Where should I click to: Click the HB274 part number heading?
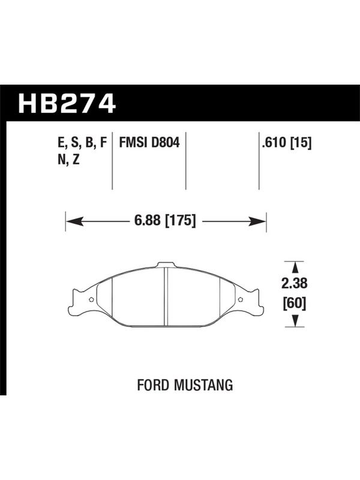(67, 103)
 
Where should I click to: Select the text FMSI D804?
(149, 143)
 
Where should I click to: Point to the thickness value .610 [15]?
(287, 143)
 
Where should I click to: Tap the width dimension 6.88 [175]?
(165, 220)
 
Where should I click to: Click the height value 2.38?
(294, 283)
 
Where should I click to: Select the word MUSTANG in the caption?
(203, 385)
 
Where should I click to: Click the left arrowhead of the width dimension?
(74, 221)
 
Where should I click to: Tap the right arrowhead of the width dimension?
(257, 221)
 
